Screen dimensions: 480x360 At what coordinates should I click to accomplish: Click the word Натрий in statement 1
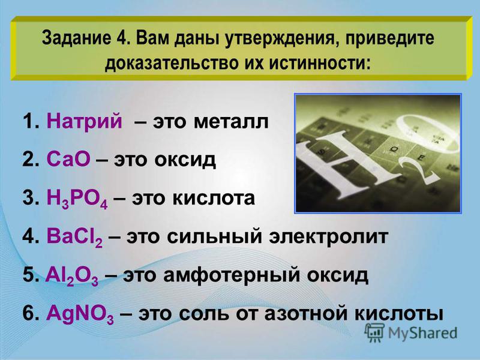[84, 121]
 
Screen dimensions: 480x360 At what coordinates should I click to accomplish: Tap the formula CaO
[68, 159]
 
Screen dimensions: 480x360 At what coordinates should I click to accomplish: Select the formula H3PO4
[77, 199]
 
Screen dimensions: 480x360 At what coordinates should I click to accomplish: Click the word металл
[231, 122]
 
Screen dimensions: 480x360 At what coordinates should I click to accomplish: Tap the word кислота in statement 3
[214, 198]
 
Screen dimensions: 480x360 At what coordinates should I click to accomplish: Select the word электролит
[328, 236]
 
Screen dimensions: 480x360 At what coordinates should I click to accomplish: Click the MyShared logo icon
[374, 332]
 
